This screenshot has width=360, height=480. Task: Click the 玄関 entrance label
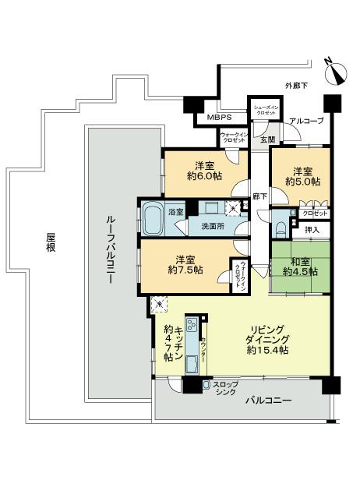266,139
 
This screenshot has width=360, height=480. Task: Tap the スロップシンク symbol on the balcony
206,386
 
